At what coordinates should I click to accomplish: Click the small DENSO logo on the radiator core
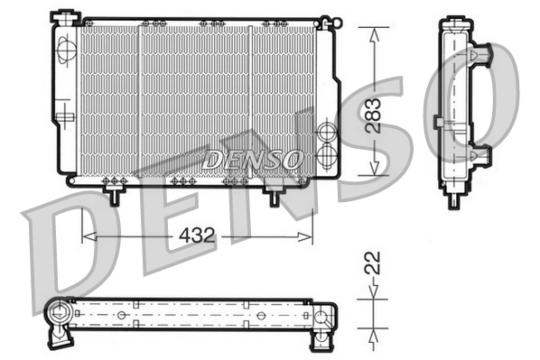point(252,160)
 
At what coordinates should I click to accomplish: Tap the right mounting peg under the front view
point(272,191)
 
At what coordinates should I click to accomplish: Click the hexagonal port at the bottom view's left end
point(61,315)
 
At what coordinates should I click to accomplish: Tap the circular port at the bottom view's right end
point(323,315)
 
